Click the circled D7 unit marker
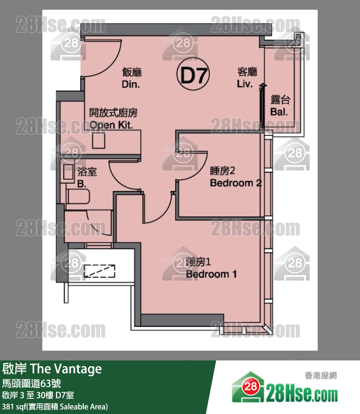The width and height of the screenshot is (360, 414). (x=193, y=75)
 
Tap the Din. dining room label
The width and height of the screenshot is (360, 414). (x=131, y=84)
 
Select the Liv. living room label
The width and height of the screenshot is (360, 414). (x=245, y=84)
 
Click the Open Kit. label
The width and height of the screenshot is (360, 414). (x=111, y=125)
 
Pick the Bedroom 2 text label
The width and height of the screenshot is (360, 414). (x=236, y=183)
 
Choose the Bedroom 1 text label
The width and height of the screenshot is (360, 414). (x=211, y=274)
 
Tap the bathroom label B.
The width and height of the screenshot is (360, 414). (x=82, y=184)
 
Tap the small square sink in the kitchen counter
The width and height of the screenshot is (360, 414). (x=99, y=141)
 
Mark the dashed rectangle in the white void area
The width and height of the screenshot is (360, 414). (x=99, y=271)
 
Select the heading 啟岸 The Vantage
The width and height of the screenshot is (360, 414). (x=52, y=369)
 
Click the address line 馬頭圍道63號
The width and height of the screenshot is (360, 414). (x=32, y=383)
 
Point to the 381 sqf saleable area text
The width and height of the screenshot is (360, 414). (x=55, y=407)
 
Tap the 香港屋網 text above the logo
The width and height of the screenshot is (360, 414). (x=321, y=376)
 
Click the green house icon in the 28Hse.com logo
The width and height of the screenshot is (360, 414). (x=248, y=387)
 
